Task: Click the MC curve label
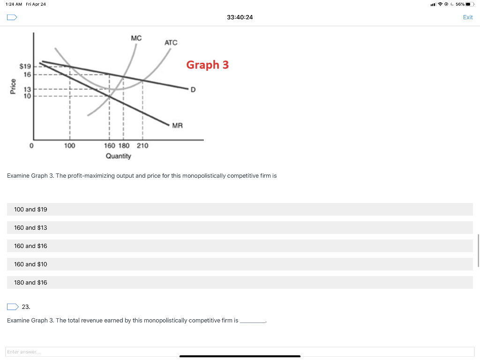(x=136, y=37)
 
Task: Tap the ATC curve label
(x=171, y=43)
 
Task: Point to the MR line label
(x=178, y=125)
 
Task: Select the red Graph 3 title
(x=207, y=65)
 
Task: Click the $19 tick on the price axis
(x=25, y=67)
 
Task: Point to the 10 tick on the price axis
(x=28, y=96)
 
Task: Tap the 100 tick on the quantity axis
(x=69, y=146)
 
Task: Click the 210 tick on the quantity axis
(x=142, y=146)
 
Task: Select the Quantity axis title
(x=118, y=156)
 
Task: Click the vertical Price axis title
(x=13, y=88)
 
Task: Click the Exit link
(x=467, y=17)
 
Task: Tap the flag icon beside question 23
(x=13, y=307)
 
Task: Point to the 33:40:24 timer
(x=240, y=17)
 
